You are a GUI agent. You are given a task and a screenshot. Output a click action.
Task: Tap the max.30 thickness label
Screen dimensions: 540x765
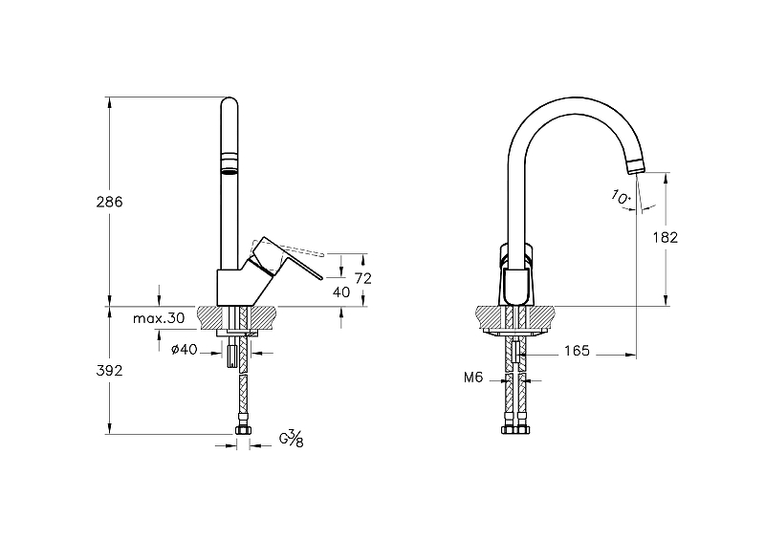[x=159, y=317]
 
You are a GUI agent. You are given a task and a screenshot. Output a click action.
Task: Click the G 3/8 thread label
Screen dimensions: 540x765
[x=292, y=440]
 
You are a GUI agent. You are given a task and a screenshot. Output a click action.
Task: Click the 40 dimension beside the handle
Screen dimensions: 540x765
[x=340, y=292]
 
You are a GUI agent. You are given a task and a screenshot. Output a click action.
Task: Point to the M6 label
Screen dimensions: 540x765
[x=472, y=378]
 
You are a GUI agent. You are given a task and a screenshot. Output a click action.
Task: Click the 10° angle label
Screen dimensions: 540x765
[x=620, y=197]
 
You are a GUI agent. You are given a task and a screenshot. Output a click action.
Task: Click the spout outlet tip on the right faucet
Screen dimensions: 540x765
[x=634, y=168]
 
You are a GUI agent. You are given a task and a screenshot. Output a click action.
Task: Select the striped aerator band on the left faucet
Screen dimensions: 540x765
[x=229, y=162]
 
